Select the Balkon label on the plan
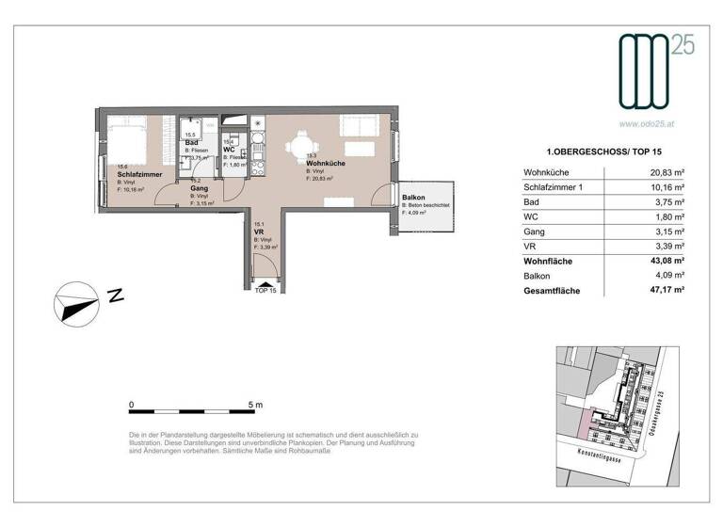coord(412,197)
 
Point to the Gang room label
coord(199,188)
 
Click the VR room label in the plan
coord(258,231)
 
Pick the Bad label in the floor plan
coord(191,142)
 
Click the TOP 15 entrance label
coord(266,290)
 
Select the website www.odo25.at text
coord(649,122)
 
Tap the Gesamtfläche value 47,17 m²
coord(666,291)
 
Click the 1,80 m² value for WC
coord(669,216)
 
